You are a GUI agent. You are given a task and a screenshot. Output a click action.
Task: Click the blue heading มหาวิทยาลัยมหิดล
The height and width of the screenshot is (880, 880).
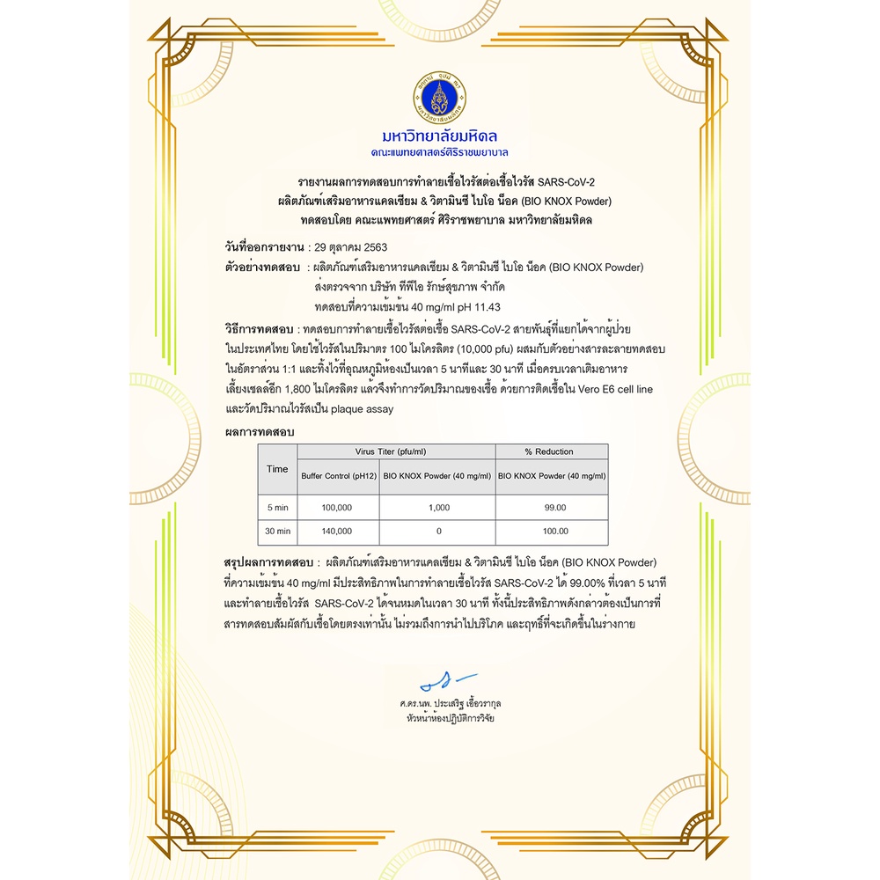440,136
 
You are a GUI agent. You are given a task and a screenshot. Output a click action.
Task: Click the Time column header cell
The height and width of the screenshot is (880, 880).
277,468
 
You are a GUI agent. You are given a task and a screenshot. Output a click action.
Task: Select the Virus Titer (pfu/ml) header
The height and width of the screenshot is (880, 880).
396,451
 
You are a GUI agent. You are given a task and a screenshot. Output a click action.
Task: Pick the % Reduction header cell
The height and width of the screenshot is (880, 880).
549,451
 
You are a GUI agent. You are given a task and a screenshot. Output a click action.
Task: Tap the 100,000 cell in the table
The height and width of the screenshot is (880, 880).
338,508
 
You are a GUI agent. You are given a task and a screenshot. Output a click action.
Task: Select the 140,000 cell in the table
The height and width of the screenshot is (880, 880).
338,532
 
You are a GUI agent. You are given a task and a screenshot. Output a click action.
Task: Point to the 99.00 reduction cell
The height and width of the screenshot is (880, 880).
555,508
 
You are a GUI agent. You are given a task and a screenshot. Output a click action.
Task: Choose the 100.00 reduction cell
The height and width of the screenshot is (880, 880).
555,532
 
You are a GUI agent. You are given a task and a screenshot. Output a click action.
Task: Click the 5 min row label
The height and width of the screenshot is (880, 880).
277,508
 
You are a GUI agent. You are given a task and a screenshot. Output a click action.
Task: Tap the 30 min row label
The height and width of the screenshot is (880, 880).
277,532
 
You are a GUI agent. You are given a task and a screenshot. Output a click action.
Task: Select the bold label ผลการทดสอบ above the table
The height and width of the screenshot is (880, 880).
260,432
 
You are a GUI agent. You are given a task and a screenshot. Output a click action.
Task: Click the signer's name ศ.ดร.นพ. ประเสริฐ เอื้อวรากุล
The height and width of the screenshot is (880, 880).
450,704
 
